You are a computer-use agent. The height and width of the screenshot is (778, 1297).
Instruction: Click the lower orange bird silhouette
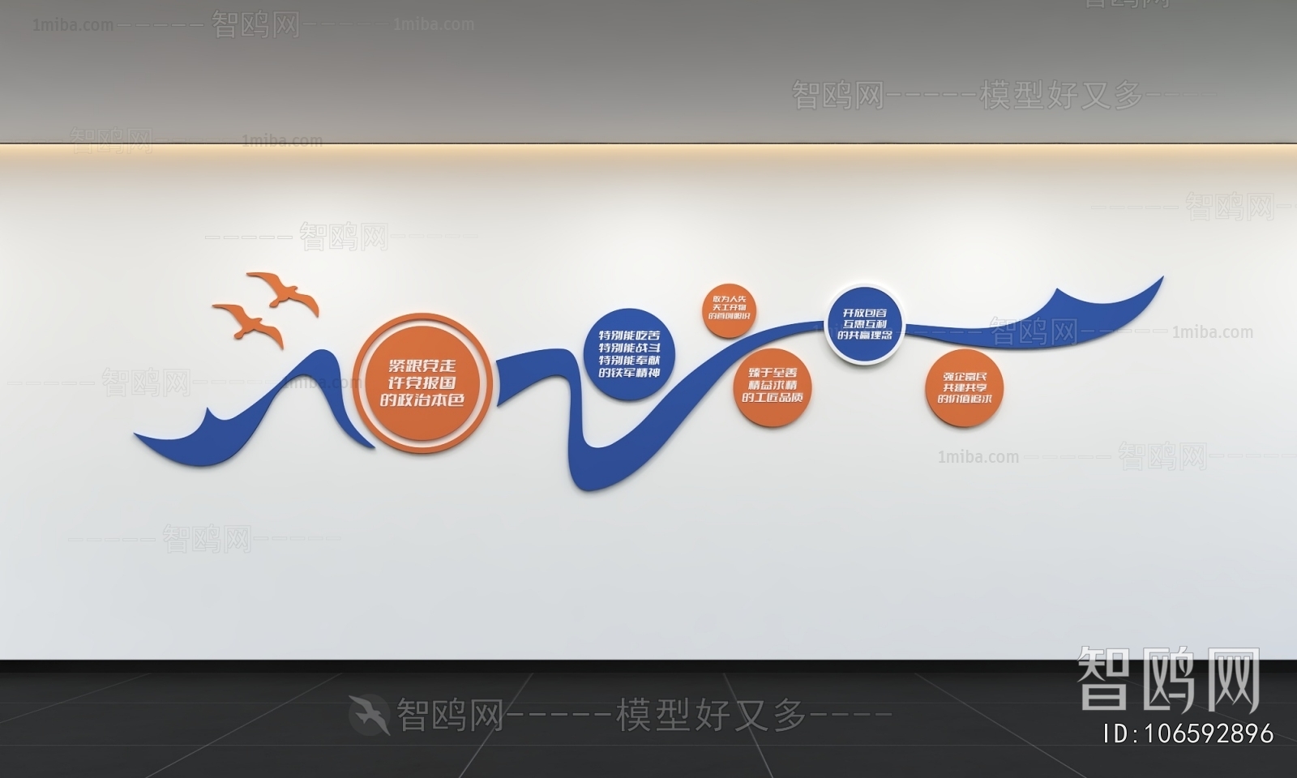pos(250,323)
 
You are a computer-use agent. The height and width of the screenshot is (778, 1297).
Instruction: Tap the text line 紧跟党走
pos(422,365)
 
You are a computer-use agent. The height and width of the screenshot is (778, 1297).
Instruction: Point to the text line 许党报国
pos(422,383)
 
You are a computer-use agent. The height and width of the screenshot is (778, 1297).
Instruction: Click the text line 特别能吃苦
pos(629,335)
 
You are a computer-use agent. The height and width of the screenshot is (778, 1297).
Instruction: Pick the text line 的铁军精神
pos(629,373)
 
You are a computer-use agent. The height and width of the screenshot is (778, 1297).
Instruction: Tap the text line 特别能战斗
pos(629,348)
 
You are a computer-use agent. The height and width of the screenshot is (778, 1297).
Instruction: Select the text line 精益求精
pos(773,385)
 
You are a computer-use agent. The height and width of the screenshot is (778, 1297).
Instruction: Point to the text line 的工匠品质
pos(773,398)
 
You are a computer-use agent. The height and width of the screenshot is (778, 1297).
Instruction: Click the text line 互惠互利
pos(864,323)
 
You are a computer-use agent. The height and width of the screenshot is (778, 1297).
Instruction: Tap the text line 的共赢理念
pos(864,335)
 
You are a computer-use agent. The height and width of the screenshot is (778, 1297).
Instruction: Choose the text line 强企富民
pos(965,376)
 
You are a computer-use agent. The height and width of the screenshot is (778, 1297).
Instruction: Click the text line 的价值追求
pos(965,399)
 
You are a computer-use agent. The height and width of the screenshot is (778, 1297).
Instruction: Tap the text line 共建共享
pos(965,387)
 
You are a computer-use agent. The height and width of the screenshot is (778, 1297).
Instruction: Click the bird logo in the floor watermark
pos(370,714)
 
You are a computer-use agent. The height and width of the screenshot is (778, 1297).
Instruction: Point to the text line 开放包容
pos(864,312)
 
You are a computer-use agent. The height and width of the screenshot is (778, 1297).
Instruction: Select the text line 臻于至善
pos(773,372)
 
